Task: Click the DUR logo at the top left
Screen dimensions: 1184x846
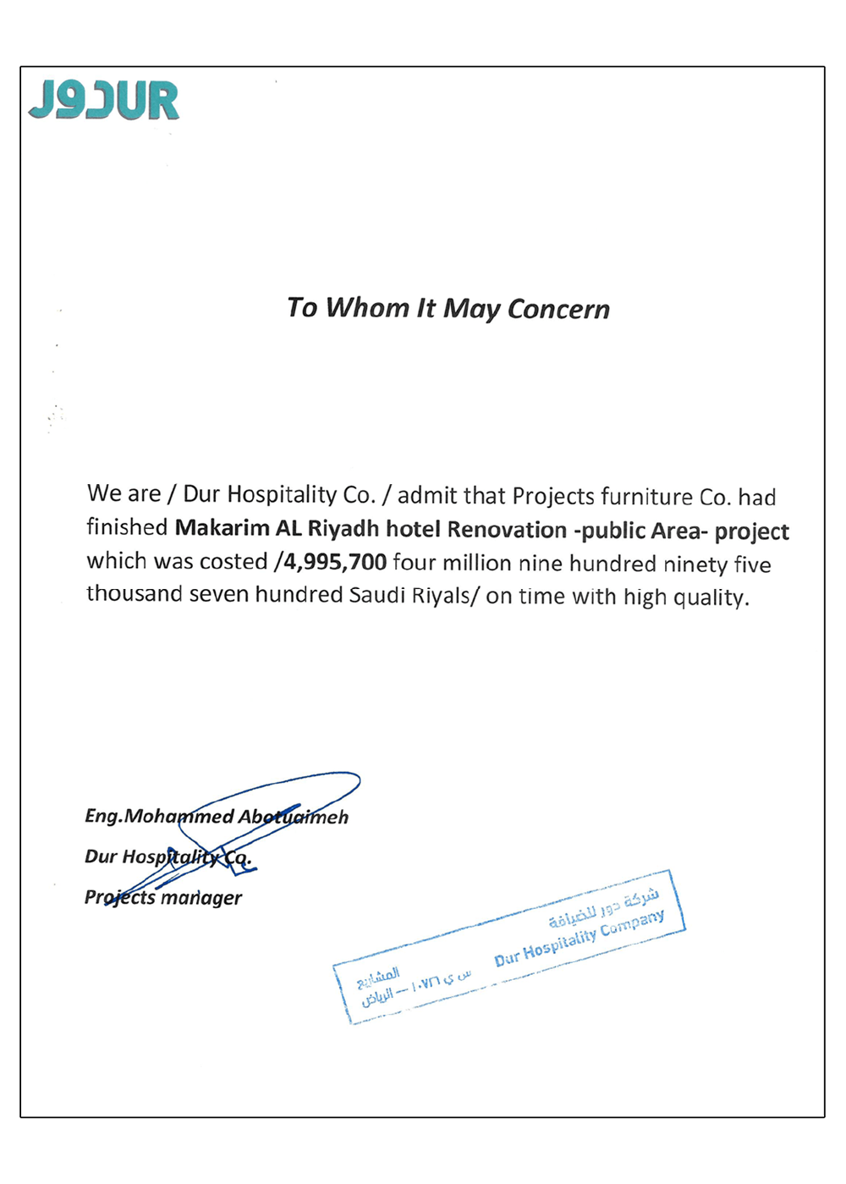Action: pos(104,101)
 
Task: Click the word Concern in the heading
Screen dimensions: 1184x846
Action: pos(558,309)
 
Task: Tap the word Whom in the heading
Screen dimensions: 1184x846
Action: pos(368,307)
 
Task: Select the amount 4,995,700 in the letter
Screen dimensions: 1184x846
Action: pos(335,562)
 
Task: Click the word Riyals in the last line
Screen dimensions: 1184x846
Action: pos(441,596)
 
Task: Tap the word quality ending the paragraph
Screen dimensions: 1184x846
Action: pos(710,598)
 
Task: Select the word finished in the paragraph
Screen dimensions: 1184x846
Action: pos(127,527)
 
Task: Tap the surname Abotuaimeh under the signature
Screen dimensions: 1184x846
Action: pos(294,817)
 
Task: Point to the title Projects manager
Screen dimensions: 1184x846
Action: pos(163,897)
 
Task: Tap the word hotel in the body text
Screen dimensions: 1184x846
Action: pos(413,529)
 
